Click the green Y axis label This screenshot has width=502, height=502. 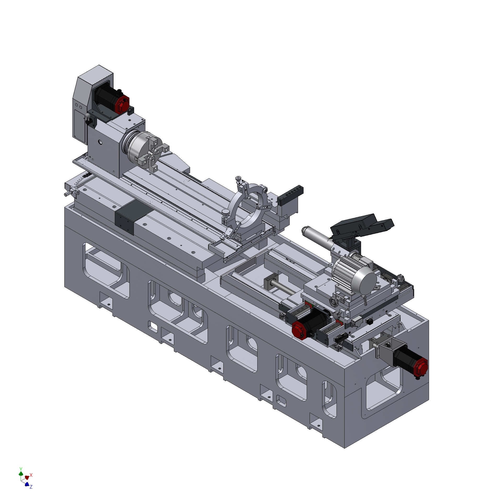click(21, 468)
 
